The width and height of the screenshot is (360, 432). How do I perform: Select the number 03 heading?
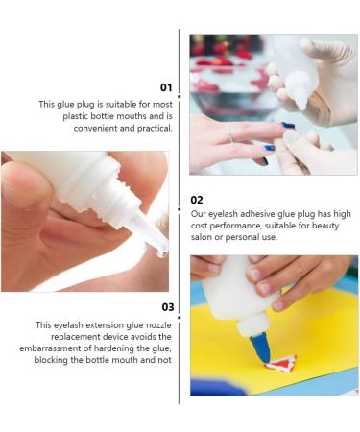[x=167, y=307]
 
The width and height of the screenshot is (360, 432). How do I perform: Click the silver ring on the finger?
[x=228, y=132]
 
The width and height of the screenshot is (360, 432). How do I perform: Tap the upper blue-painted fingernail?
[x=288, y=126]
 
